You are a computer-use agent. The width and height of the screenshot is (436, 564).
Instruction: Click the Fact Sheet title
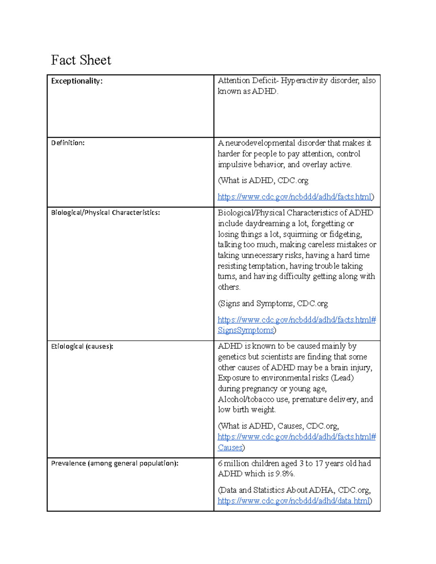point(81,60)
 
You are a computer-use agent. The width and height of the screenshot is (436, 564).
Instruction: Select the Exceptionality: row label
point(77,81)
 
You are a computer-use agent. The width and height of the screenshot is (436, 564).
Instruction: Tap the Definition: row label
point(68,143)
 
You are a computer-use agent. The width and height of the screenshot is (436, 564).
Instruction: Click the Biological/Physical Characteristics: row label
point(105,213)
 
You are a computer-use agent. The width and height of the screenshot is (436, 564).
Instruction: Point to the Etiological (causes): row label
point(82,346)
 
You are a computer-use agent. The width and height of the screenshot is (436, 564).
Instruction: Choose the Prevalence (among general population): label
point(114,463)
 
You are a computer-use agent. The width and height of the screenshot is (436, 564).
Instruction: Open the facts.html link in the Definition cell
point(295,197)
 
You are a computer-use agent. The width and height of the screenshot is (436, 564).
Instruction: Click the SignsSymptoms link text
point(246,330)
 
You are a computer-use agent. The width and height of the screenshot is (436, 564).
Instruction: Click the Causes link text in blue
point(230,448)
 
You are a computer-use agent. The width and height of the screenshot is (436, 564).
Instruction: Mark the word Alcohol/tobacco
point(246,399)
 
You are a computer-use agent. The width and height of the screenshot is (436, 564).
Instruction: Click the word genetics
point(232,357)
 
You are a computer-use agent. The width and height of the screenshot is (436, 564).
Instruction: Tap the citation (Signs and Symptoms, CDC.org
point(273,304)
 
